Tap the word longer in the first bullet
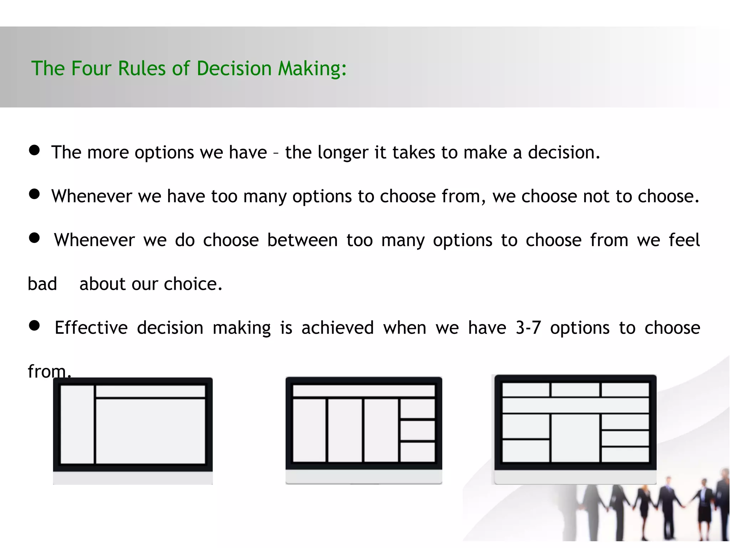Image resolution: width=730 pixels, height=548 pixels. [343, 153]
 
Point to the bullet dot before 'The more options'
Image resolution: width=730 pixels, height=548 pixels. [34, 150]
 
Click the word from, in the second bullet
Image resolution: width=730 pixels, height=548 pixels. [464, 196]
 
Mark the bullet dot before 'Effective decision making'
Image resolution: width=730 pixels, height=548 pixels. [34, 325]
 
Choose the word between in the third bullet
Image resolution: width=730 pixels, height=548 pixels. [302, 240]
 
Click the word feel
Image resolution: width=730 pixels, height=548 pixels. [684, 240]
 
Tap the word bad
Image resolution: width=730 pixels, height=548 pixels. [42, 284]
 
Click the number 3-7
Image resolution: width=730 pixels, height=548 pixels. [528, 328]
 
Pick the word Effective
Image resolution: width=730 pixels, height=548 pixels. [91, 328]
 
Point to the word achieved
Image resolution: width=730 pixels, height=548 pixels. [338, 328]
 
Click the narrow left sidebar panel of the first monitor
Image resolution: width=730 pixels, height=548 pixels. [77, 424]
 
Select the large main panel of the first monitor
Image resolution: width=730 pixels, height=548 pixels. [150, 431]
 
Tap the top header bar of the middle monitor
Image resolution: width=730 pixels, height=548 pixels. [364, 390]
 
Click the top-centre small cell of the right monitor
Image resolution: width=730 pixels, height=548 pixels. [575, 390]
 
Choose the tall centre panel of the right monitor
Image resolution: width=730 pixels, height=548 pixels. [575, 437]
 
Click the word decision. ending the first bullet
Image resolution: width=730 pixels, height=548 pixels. [564, 153]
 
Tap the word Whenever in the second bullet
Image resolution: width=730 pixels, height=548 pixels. [92, 196]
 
